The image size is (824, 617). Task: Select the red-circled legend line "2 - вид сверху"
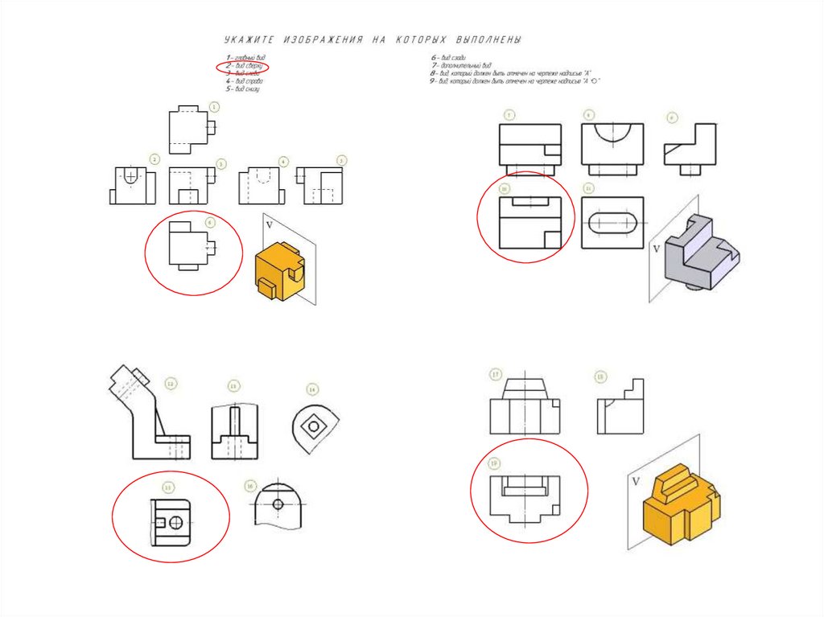[x=242, y=66]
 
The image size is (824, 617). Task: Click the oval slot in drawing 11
[x=612, y=223]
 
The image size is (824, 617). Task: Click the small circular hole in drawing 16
[x=278, y=504]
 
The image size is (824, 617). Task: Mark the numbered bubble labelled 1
[x=214, y=106]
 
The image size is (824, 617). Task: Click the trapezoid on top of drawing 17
[x=524, y=389]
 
